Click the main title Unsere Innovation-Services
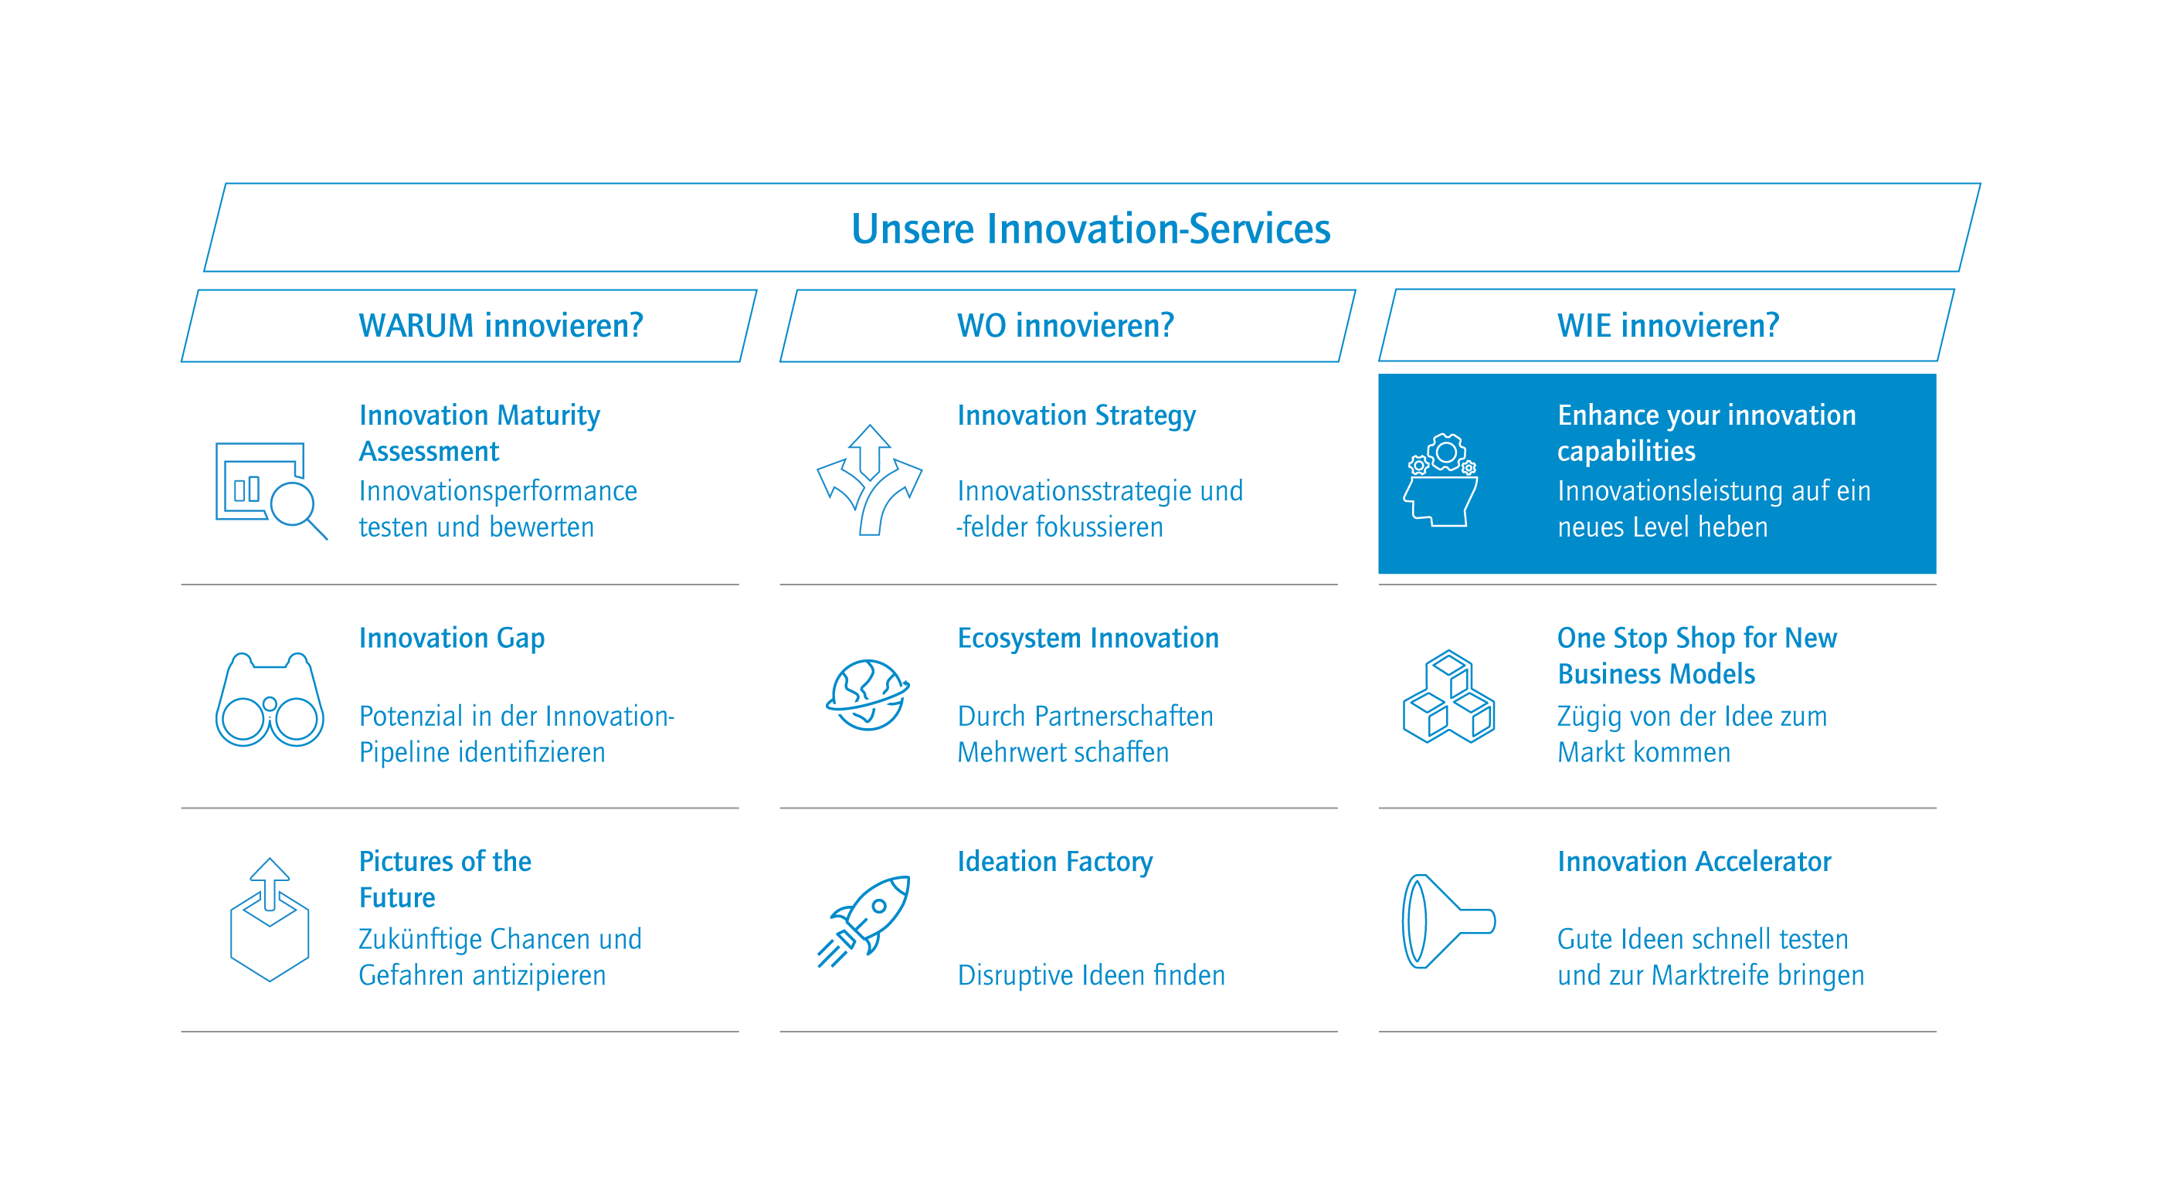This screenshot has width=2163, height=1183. tap(1091, 229)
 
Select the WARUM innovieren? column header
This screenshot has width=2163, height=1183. tap(501, 326)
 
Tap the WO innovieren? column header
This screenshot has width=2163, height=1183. tap(1065, 326)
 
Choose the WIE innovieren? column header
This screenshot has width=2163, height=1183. tap(1668, 326)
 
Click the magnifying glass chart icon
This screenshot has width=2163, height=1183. tap(271, 490)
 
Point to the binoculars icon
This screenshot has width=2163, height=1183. tap(270, 700)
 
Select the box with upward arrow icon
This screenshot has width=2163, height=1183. tap(270, 920)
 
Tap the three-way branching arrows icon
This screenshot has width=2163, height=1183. tap(869, 480)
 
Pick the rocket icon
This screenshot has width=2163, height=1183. tap(864, 921)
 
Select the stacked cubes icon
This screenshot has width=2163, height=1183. tap(1448, 696)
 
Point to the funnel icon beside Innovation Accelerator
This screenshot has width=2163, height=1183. tap(1448, 921)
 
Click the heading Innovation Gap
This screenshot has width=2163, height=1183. tap(452, 638)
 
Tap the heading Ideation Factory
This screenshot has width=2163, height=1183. tap(1054, 863)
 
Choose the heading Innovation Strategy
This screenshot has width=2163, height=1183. tap(1076, 415)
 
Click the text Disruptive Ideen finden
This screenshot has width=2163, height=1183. tap(1091, 975)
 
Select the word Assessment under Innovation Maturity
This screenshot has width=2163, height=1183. tap(429, 452)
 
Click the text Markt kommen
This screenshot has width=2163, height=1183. tap(1643, 752)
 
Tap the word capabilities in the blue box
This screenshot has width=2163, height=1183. tap(1625, 452)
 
